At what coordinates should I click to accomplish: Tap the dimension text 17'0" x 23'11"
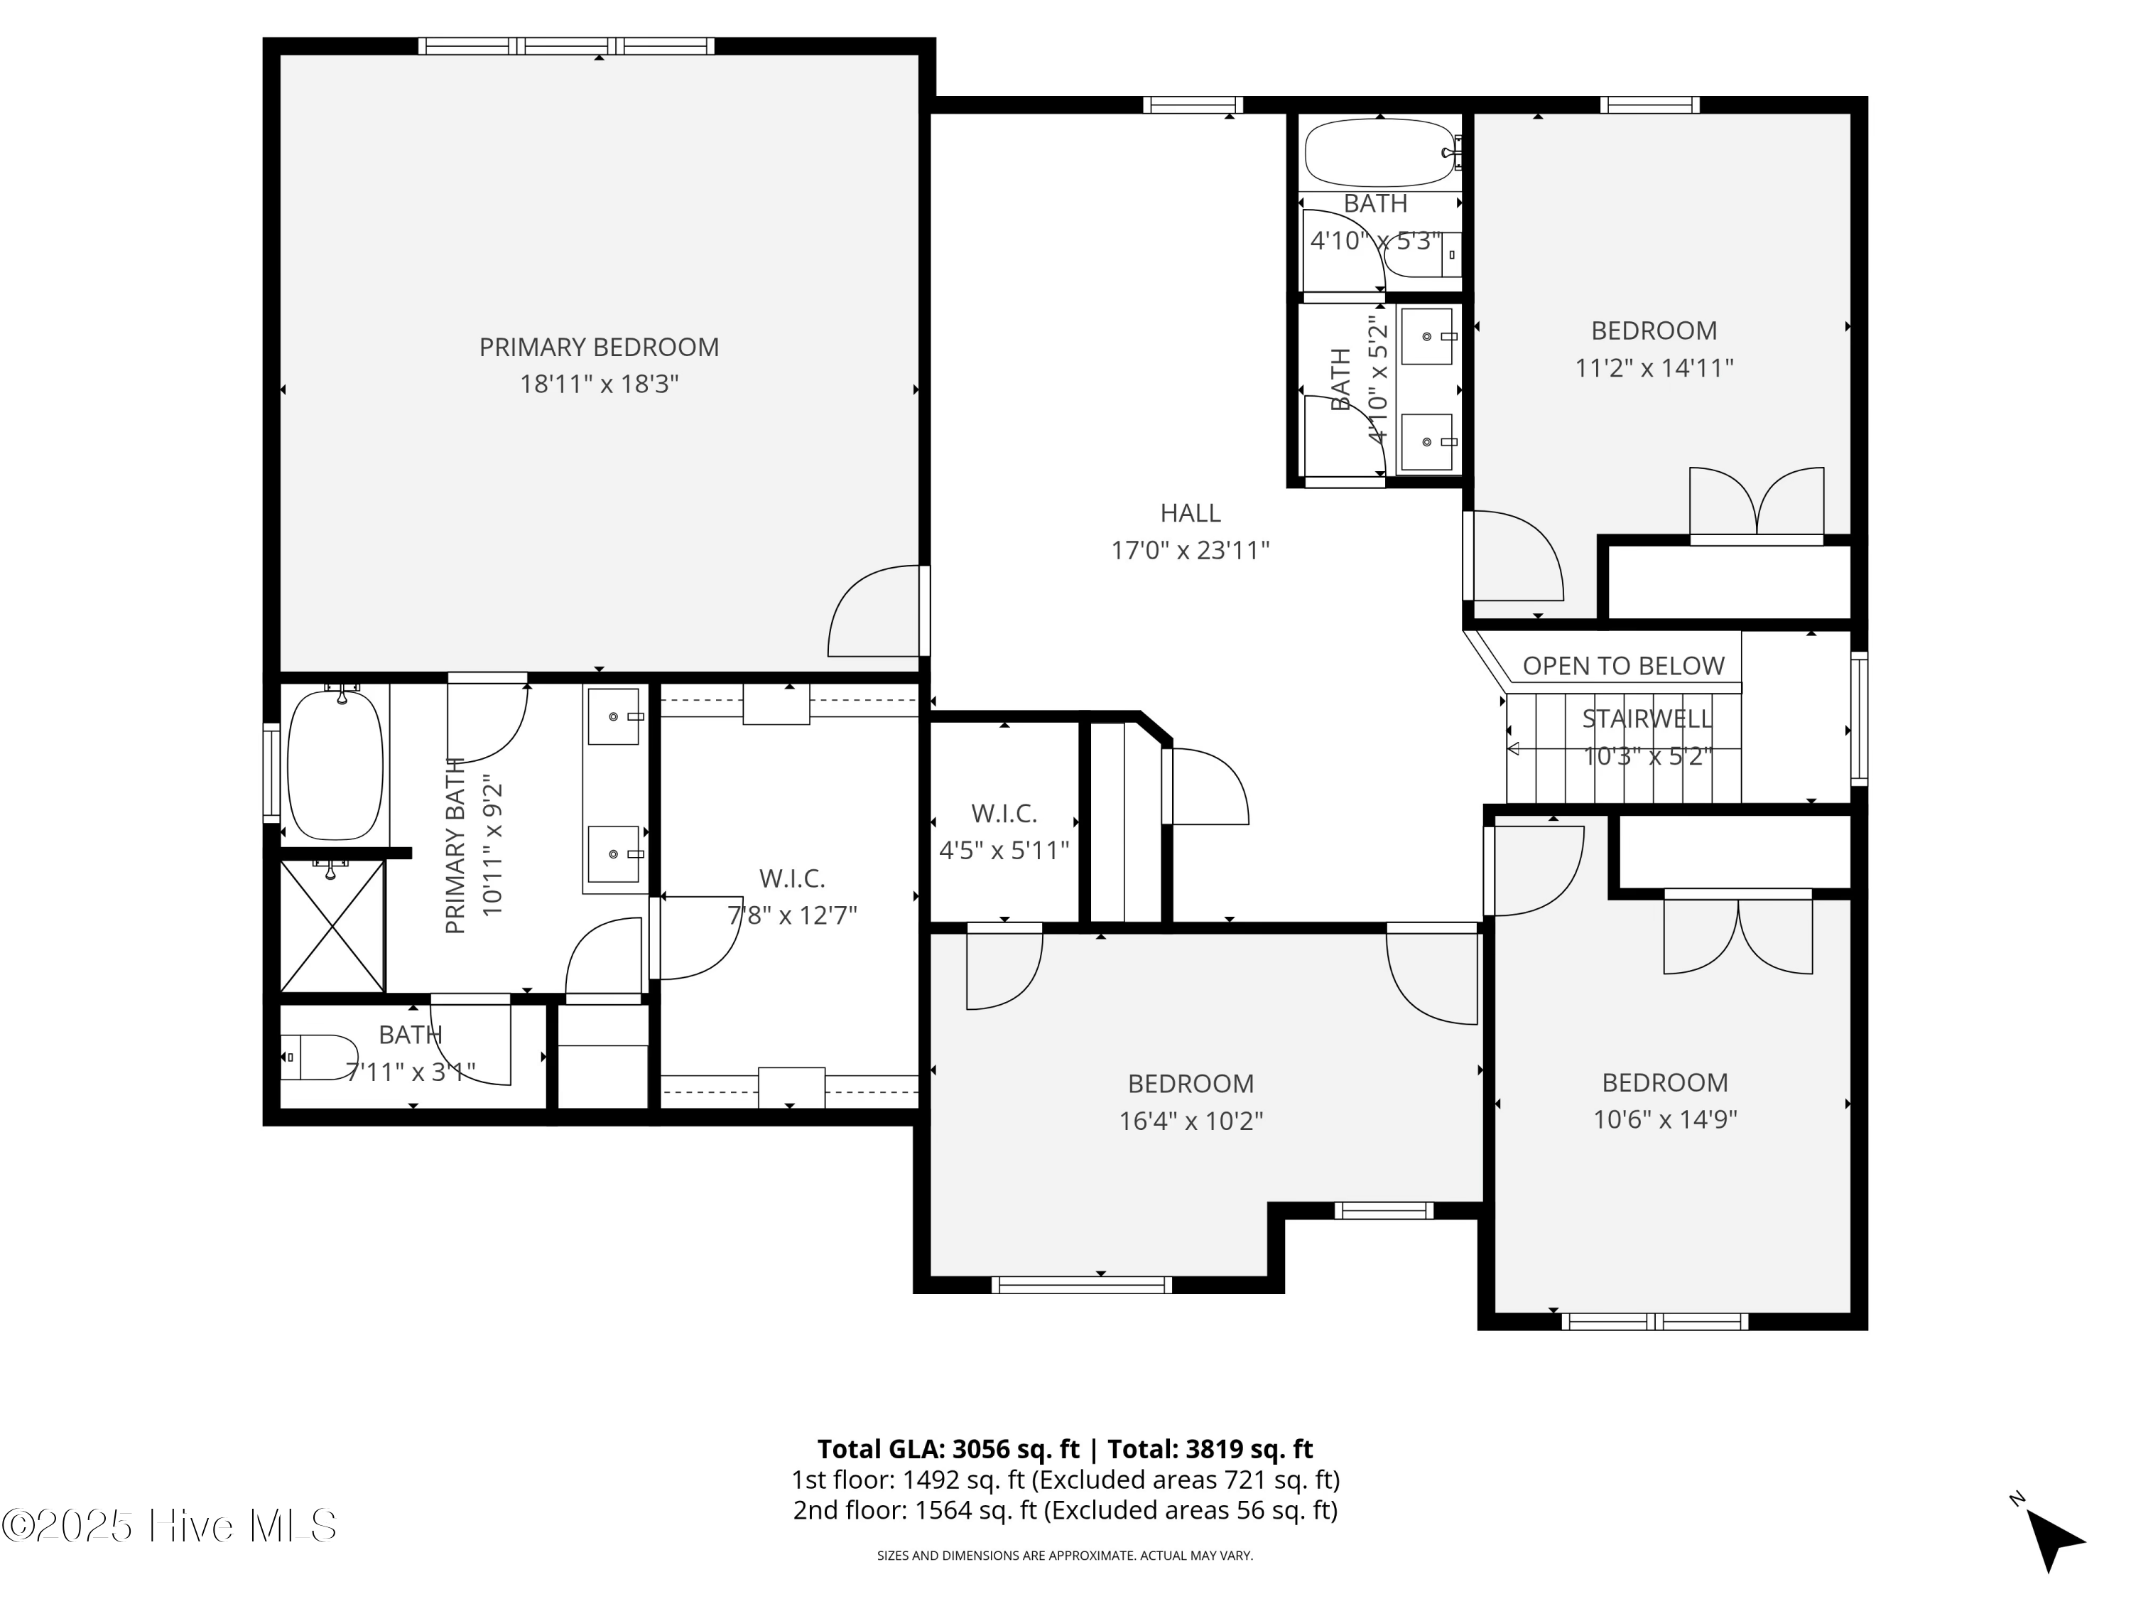[x=1190, y=550]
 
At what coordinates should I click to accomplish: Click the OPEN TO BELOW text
[x=1622, y=666]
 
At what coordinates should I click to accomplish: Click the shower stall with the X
[x=332, y=926]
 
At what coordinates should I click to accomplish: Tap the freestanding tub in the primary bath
[x=335, y=764]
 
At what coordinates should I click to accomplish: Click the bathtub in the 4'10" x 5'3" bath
[x=1379, y=152]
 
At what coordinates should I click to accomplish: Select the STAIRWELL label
[x=1647, y=719]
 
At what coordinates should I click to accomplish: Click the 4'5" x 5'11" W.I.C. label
[x=1004, y=814]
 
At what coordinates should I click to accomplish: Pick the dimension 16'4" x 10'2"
[x=1190, y=1121]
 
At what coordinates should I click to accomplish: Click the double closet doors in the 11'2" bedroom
[x=1756, y=502]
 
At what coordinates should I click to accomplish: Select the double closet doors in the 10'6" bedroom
[x=1738, y=935]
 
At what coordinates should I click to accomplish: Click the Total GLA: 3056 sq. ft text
[x=948, y=1448]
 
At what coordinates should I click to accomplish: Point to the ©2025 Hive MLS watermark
[x=170, y=1525]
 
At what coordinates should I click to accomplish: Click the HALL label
[x=1190, y=513]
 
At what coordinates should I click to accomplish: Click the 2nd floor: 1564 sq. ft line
[x=1065, y=1509]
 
